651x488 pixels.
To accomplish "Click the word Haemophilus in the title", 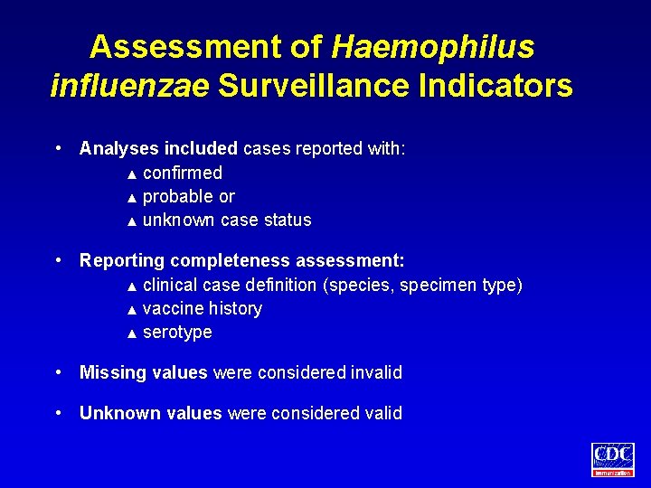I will (433, 46).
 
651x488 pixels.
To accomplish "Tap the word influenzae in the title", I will (130, 86).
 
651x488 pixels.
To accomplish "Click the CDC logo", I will (613, 459).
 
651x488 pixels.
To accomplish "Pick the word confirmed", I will (183, 173).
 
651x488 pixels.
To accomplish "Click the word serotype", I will (177, 332).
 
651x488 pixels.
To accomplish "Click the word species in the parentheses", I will (361, 286).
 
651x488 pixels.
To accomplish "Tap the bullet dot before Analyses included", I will (58, 147).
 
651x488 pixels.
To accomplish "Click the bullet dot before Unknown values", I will (58, 412).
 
